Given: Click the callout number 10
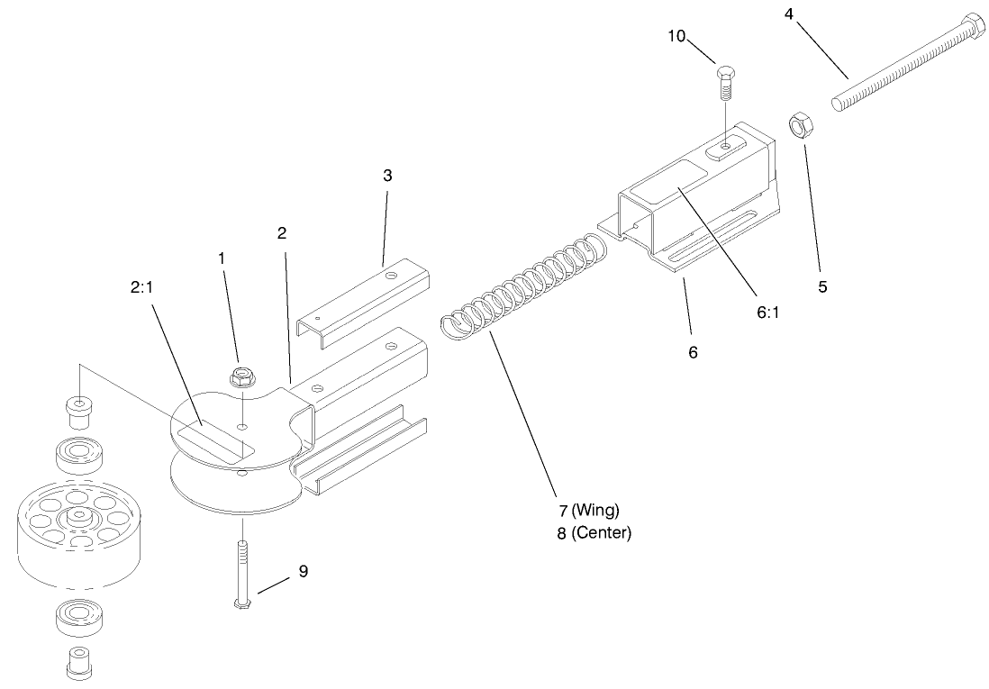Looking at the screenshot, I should [676, 36].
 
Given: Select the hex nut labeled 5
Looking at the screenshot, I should [797, 125].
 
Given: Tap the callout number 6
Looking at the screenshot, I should [693, 352].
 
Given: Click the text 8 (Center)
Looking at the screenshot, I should [594, 532].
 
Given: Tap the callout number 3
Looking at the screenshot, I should [387, 176].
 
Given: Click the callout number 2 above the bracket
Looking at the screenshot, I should [282, 233].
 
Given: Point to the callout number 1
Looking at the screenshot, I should [222, 258].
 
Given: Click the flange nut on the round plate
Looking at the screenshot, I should [240, 376].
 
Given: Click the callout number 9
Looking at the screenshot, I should [304, 571].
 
